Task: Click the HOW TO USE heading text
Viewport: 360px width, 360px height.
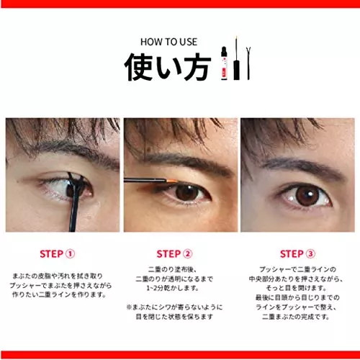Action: coord(168,42)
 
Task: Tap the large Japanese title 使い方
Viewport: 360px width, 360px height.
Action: coord(167,67)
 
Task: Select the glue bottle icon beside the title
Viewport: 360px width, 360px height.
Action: coord(224,63)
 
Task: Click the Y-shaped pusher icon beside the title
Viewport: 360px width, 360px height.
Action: coord(248,63)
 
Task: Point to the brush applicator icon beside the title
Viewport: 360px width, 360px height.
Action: coord(237,59)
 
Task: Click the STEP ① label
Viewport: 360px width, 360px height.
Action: coord(58,254)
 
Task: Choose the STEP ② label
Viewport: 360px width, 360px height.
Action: coord(174,254)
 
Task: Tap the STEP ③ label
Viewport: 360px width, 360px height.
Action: coord(297,254)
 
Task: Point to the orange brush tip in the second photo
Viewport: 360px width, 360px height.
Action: coord(171,180)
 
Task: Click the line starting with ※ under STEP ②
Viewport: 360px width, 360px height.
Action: coord(174,307)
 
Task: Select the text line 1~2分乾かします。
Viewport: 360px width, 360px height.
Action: coord(173,288)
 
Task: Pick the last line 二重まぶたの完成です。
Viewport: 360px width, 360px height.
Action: coord(296,317)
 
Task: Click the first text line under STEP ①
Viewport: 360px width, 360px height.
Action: coord(58,276)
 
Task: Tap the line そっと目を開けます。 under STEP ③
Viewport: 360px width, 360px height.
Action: coord(297,288)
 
